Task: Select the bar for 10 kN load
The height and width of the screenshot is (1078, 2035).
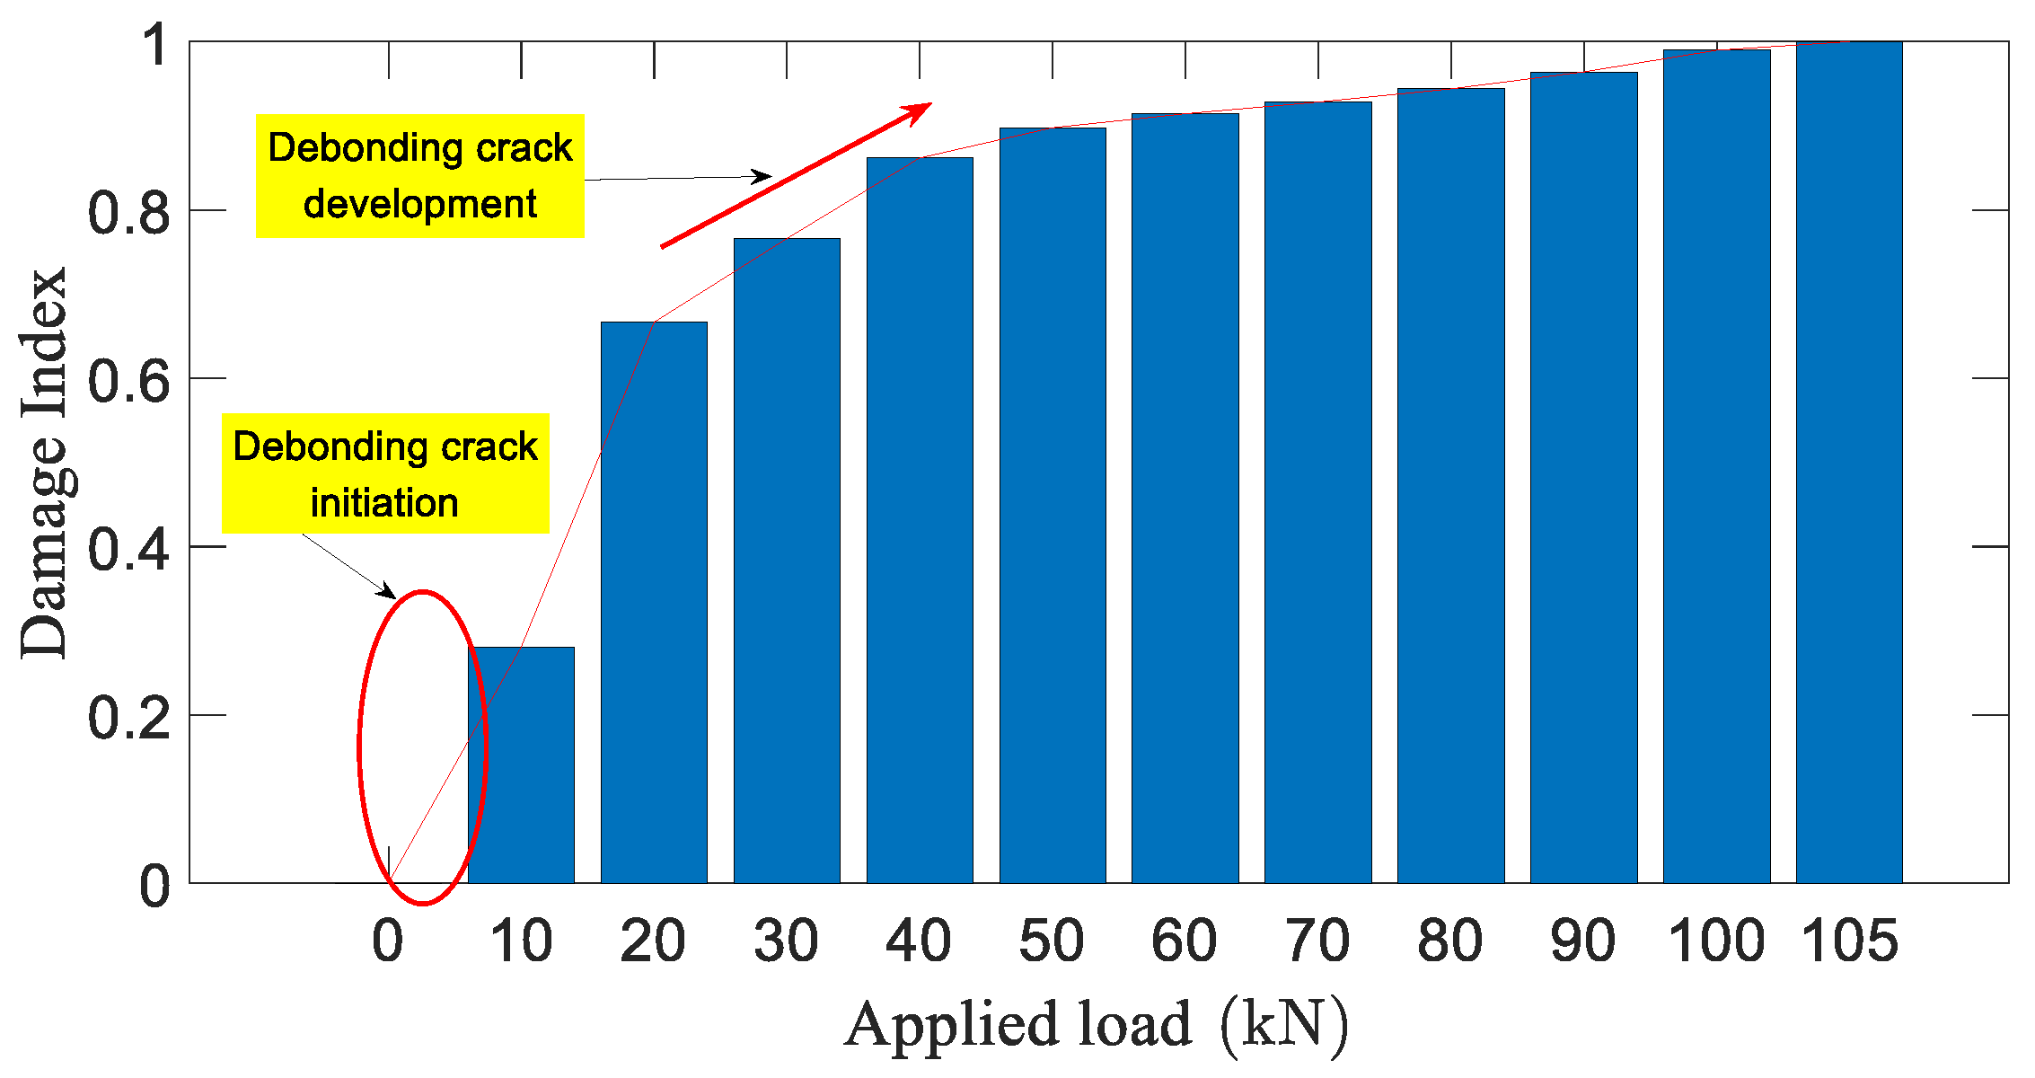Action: click(521, 764)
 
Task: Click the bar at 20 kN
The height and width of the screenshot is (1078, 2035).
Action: click(654, 602)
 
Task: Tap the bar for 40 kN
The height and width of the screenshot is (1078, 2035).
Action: click(920, 521)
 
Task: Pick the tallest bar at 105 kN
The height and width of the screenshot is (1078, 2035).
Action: click(1849, 463)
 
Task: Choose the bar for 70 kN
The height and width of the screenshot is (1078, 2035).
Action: click(1317, 494)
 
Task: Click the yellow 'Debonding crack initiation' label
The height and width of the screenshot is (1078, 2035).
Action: click(385, 473)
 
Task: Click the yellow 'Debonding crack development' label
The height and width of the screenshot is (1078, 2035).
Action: click(420, 176)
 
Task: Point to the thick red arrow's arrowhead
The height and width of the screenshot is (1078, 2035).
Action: click(921, 110)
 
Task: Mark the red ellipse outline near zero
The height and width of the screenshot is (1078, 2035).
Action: click(359, 746)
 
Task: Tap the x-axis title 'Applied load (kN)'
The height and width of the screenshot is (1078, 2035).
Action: click(1096, 1024)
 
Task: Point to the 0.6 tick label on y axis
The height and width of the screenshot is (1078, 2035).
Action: click(128, 380)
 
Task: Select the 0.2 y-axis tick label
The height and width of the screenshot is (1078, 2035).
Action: click(128, 717)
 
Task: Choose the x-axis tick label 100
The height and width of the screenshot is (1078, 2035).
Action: click(1716, 941)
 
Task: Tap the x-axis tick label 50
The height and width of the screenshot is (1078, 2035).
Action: click(1052, 941)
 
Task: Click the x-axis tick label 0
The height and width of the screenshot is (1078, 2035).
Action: click(388, 941)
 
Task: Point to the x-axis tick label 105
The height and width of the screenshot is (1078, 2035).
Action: click(1850, 941)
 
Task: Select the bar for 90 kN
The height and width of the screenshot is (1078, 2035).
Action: click(1583, 476)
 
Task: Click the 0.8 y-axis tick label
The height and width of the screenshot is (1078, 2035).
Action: click(128, 212)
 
